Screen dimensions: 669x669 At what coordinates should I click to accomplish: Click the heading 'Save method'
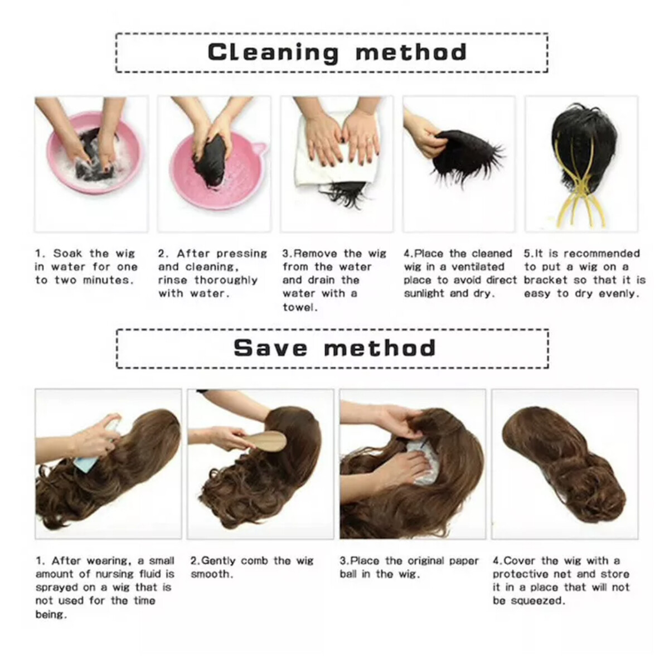334,348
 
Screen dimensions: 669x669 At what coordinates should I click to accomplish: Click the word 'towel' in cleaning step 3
299,307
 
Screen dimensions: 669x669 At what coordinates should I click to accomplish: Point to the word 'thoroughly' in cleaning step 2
226,280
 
